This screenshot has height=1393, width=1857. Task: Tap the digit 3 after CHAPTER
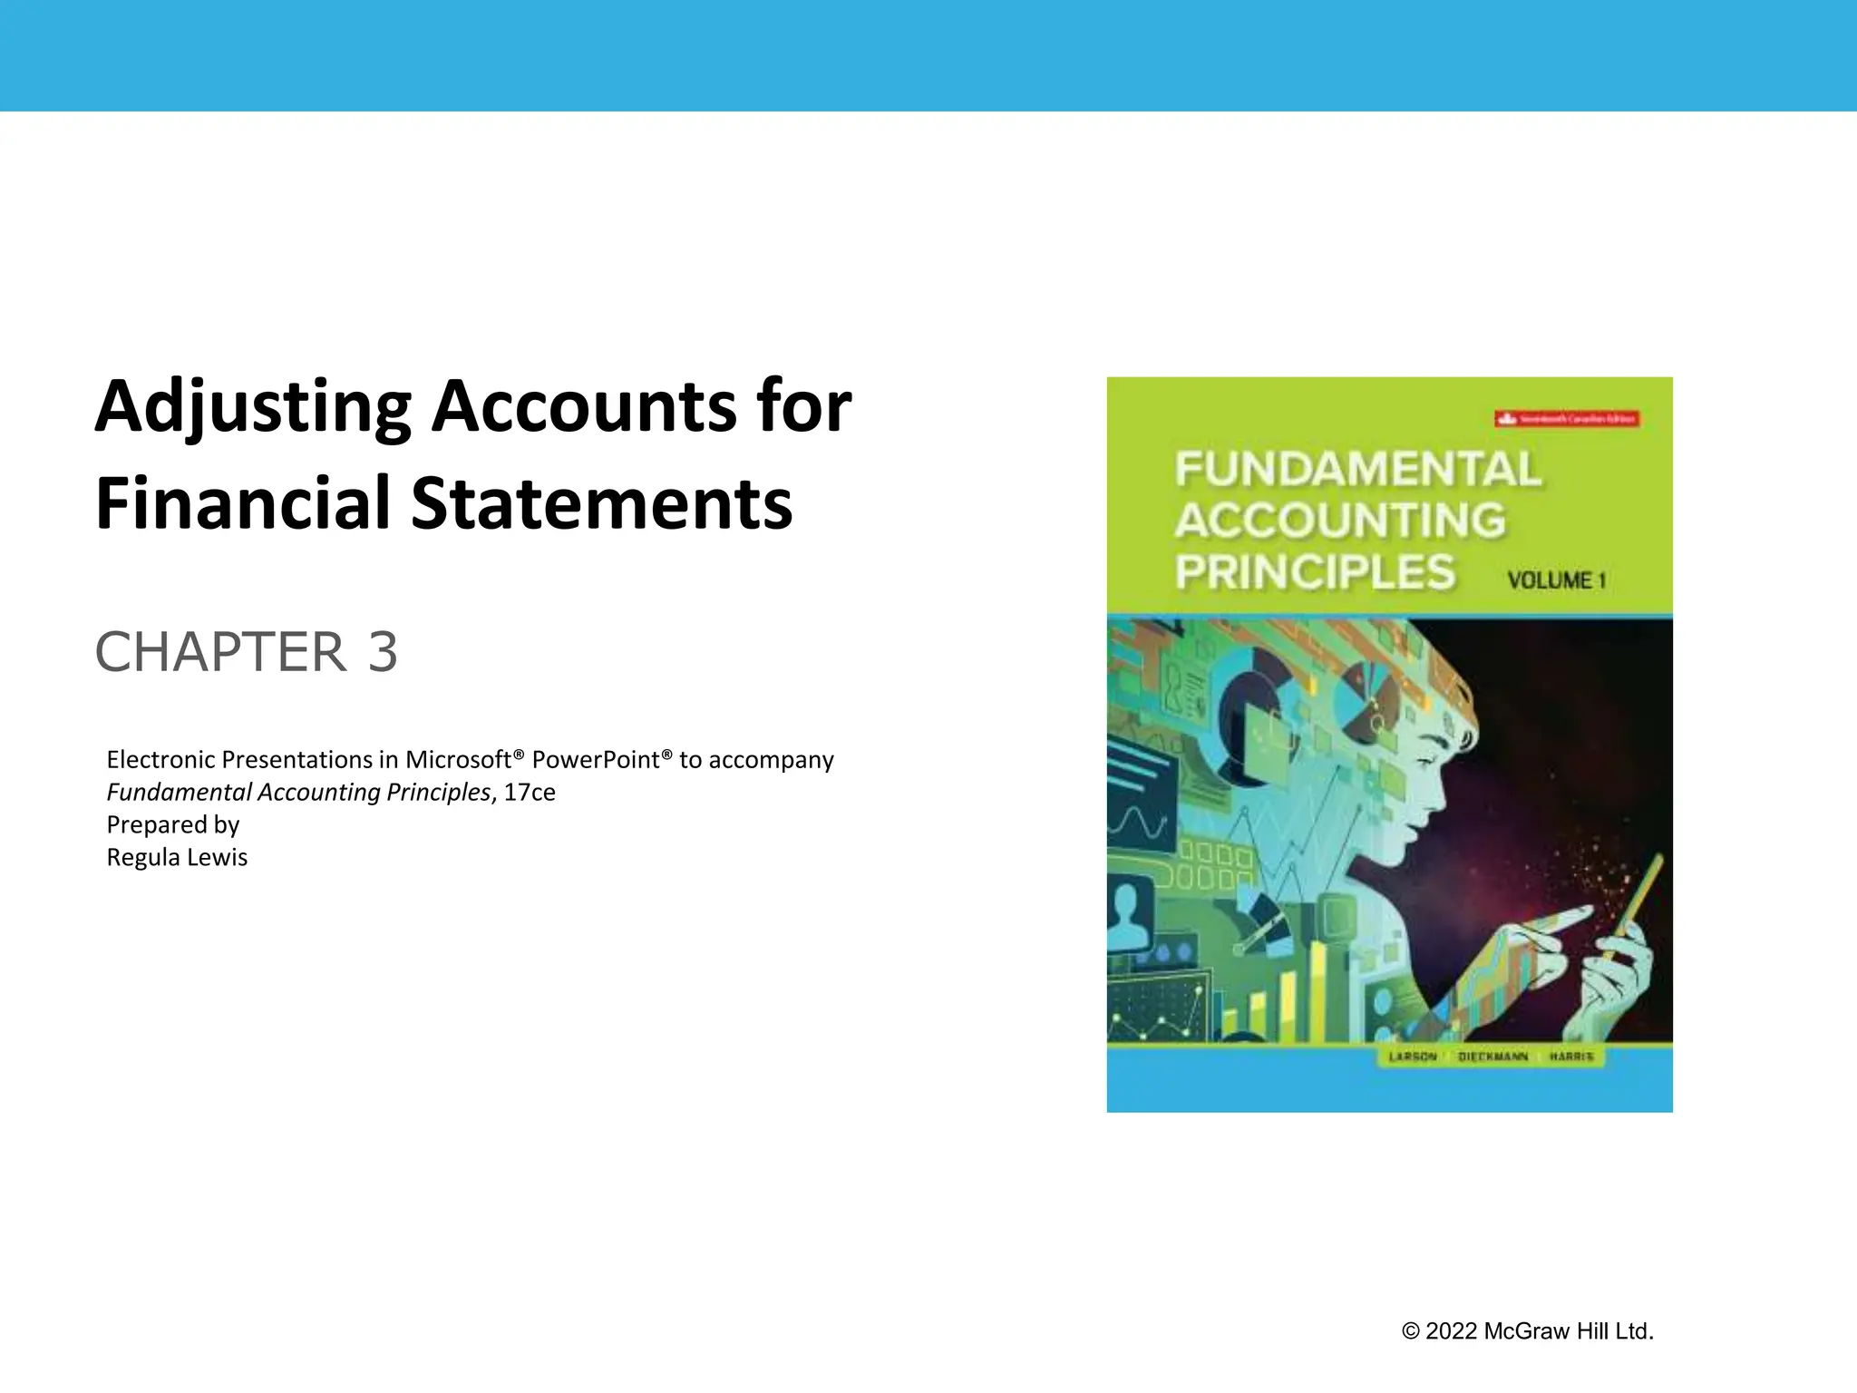[x=383, y=652]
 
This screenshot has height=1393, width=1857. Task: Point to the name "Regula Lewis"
[x=177, y=857]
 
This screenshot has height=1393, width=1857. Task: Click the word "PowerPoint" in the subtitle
[x=602, y=759]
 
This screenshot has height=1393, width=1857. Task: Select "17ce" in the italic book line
[x=530, y=792]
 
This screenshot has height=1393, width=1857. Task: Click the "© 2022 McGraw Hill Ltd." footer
[x=1527, y=1331]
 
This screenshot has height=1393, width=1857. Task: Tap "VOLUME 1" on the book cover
[x=1556, y=580]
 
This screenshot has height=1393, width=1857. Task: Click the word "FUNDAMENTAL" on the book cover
[x=1357, y=470]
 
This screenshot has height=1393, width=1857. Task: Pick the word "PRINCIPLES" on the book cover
[x=1315, y=572]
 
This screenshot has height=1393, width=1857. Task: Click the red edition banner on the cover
[x=1567, y=419]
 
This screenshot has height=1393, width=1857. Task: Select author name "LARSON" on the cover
[x=1413, y=1057]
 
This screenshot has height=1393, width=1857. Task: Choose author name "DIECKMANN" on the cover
[x=1492, y=1057]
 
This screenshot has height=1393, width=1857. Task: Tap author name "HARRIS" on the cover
[x=1571, y=1057]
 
